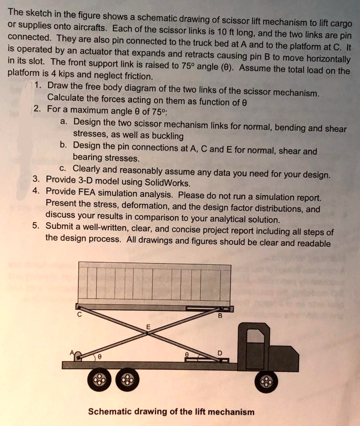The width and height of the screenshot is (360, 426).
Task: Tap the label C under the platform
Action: pyautogui.click(x=79, y=315)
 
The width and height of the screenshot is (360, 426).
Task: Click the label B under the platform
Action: pyautogui.click(x=221, y=316)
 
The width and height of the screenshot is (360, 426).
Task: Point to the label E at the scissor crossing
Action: pyautogui.click(x=147, y=327)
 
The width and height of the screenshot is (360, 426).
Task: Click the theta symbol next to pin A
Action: pyautogui.click(x=99, y=357)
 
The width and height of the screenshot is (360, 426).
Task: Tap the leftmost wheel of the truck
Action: pyautogui.click(x=99, y=380)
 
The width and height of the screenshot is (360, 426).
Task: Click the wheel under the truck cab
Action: pyautogui.click(x=266, y=381)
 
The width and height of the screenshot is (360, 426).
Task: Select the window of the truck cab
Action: pyautogui.click(x=255, y=336)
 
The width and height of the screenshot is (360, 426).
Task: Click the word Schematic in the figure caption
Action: pyautogui.click(x=109, y=412)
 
